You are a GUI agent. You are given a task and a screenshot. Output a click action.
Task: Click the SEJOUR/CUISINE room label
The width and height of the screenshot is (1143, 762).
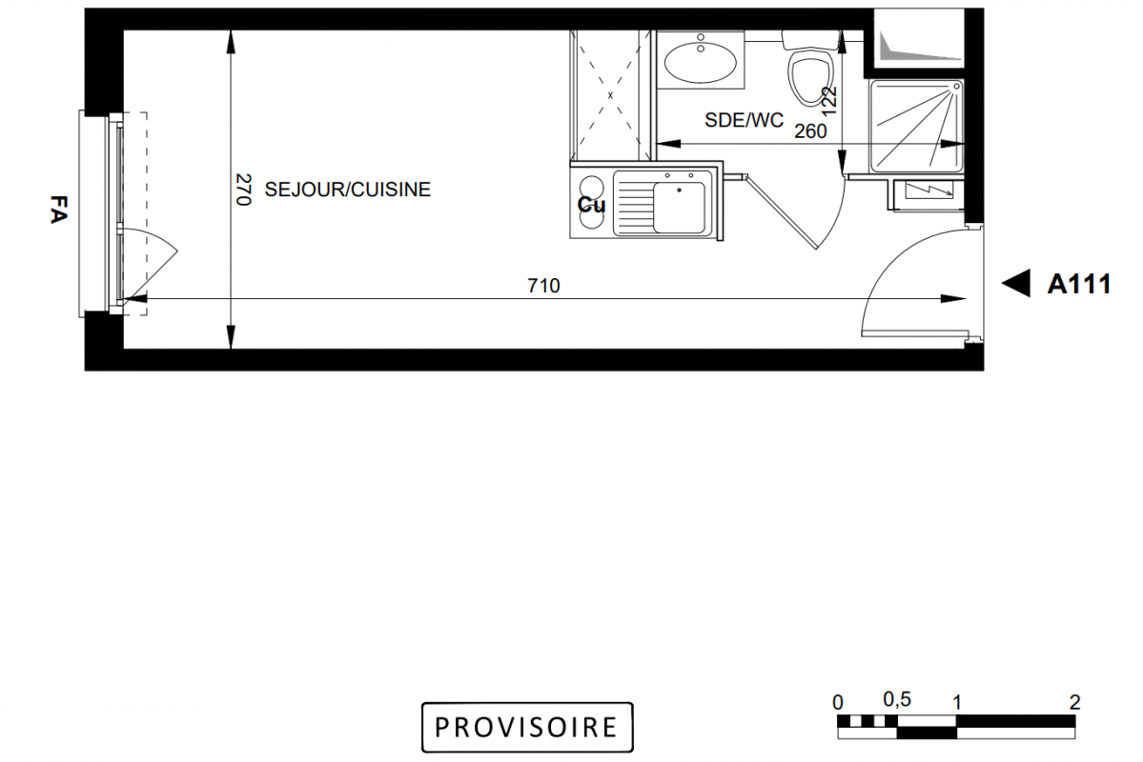point(348,190)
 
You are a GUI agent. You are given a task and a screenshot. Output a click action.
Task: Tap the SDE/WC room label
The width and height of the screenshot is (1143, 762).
point(744,120)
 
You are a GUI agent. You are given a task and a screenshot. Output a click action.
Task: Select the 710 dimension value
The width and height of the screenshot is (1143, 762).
point(543,286)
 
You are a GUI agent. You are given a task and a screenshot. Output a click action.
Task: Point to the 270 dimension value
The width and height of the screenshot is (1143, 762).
point(243,190)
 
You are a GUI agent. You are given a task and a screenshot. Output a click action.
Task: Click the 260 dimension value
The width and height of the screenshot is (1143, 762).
point(810,131)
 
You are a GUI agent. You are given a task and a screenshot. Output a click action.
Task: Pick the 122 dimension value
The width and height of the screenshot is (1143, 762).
point(829,101)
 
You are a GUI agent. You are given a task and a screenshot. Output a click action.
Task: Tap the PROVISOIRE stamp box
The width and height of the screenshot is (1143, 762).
point(527,727)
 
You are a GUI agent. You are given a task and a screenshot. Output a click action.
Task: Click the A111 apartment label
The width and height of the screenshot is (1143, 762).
point(1079,284)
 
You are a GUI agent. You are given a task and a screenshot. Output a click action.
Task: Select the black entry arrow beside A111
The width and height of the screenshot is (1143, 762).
point(1016,284)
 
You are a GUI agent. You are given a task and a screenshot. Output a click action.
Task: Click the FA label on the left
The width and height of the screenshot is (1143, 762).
point(58,210)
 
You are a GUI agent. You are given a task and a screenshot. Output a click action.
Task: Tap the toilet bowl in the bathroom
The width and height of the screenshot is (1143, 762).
point(810,75)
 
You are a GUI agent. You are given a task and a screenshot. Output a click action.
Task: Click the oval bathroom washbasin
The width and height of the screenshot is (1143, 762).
point(701,62)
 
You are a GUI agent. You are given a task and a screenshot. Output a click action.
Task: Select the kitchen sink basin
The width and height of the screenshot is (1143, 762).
point(679,207)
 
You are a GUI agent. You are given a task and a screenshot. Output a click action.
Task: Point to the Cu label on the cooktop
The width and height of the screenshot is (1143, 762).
point(591,205)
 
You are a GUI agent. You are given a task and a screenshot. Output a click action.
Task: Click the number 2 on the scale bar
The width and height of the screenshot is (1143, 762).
point(1074,703)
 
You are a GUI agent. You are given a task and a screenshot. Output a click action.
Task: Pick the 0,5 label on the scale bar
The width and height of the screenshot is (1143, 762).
point(897,700)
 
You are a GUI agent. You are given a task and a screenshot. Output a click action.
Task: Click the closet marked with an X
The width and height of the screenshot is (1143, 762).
point(610,95)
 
